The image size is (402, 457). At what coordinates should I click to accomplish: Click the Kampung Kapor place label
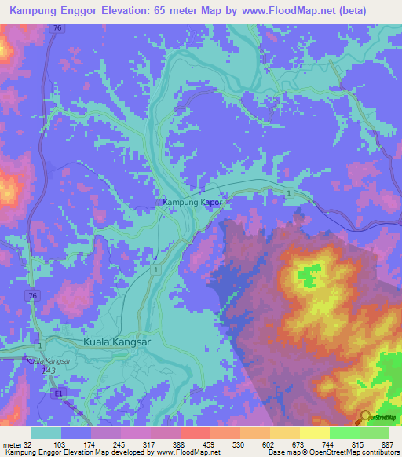click(193, 203)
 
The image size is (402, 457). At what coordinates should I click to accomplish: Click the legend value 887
click(388, 444)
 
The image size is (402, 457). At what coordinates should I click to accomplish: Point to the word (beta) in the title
click(372, 10)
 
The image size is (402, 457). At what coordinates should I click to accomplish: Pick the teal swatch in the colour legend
click(46, 433)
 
